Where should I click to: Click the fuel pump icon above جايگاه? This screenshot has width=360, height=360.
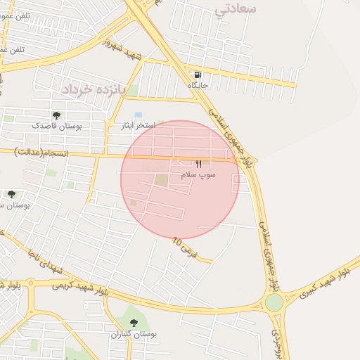198,75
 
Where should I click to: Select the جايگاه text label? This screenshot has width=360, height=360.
198,85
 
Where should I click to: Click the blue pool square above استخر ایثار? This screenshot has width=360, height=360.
138,115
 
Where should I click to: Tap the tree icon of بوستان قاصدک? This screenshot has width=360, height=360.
56,115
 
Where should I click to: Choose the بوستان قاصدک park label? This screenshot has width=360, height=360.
56,126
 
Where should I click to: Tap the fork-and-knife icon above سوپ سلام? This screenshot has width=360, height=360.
198,163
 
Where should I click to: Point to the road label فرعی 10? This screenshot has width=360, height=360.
186,247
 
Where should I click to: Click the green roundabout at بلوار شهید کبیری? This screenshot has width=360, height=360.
274,302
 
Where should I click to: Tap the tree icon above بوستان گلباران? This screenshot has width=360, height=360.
134,323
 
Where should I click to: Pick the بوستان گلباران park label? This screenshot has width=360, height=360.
134,334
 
